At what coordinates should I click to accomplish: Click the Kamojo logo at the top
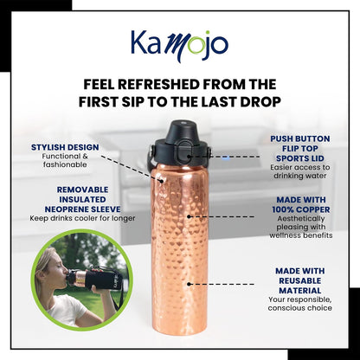click(180, 42)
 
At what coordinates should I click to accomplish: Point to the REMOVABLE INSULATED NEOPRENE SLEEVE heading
click(71, 197)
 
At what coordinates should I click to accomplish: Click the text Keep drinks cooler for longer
click(71, 219)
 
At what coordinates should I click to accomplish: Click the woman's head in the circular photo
click(50, 265)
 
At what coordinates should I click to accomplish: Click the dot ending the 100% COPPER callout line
click(190, 216)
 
